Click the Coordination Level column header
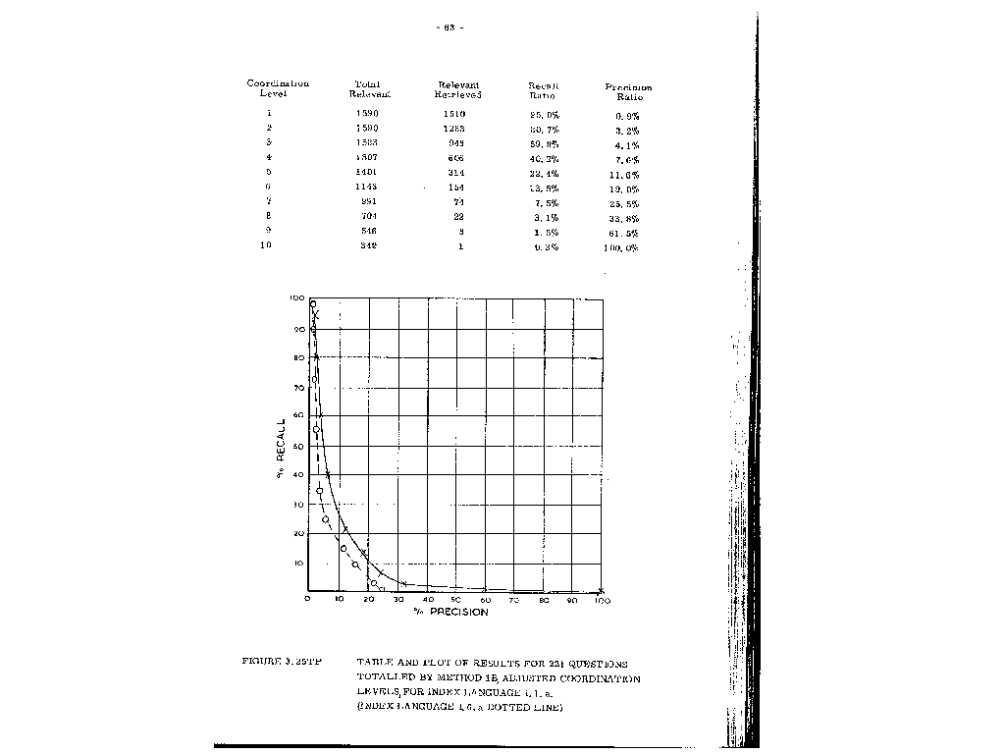coord(278,88)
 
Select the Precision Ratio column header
coord(628,92)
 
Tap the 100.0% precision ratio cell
coord(620,248)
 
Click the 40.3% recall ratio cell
coord(544,158)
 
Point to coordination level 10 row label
coord(266,246)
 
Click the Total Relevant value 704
coord(368,216)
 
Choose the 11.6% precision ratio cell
coord(626,174)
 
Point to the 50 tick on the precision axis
coord(455,600)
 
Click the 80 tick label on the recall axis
coord(295,358)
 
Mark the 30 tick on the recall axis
coord(295,505)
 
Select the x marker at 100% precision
coord(601,590)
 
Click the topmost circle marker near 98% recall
coord(312,304)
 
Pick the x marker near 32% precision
coord(403,584)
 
